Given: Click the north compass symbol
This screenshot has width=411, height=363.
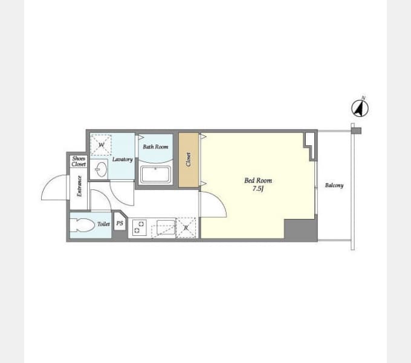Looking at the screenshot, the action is [x=360, y=108].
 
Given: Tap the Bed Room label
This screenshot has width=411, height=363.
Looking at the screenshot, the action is [x=258, y=180].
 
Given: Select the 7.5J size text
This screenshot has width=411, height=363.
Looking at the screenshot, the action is [x=258, y=189].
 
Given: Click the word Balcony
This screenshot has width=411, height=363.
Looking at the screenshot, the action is [x=334, y=185].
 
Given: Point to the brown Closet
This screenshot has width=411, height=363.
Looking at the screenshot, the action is [x=189, y=160].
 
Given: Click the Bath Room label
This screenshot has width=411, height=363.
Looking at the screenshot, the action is [x=155, y=146].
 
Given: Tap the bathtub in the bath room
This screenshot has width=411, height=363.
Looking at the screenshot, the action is [x=155, y=174].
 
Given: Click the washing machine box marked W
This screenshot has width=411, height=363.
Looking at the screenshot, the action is [x=101, y=145].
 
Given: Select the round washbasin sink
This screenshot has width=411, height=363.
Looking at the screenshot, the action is [x=101, y=169].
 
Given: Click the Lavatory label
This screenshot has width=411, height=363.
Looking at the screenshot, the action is [x=123, y=159].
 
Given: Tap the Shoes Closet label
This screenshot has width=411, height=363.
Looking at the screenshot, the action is [x=79, y=162].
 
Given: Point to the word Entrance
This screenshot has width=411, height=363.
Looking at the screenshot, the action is [x=79, y=186].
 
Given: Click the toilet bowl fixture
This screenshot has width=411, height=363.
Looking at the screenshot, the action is [x=83, y=225].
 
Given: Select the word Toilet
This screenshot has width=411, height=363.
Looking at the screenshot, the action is [x=103, y=224].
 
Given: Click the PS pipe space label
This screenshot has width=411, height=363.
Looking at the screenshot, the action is [x=120, y=223].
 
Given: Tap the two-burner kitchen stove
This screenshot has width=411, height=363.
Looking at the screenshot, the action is [x=140, y=227].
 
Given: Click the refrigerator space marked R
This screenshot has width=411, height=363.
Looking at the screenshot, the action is [x=186, y=227].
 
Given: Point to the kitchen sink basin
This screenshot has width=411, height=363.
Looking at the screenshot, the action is [x=166, y=227].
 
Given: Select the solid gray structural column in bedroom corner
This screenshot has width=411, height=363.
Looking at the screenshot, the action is [x=300, y=229].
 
